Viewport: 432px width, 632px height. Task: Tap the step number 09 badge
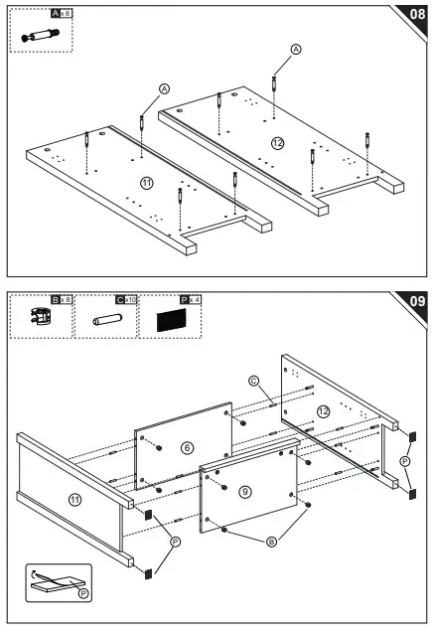[x=414, y=301]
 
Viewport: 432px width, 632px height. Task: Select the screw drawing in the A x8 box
[x=40, y=35]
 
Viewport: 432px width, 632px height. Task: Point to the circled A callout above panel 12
[x=295, y=49]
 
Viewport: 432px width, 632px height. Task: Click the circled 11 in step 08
[x=146, y=184]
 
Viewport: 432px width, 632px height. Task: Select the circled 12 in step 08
[x=277, y=143]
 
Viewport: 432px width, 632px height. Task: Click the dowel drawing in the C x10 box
[x=105, y=324]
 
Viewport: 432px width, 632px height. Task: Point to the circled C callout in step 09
[x=253, y=381]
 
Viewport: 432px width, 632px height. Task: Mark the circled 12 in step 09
[x=324, y=411]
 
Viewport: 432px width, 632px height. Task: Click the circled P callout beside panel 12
[x=404, y=461]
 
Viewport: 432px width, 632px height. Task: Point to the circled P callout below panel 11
[x=175, y=542]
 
